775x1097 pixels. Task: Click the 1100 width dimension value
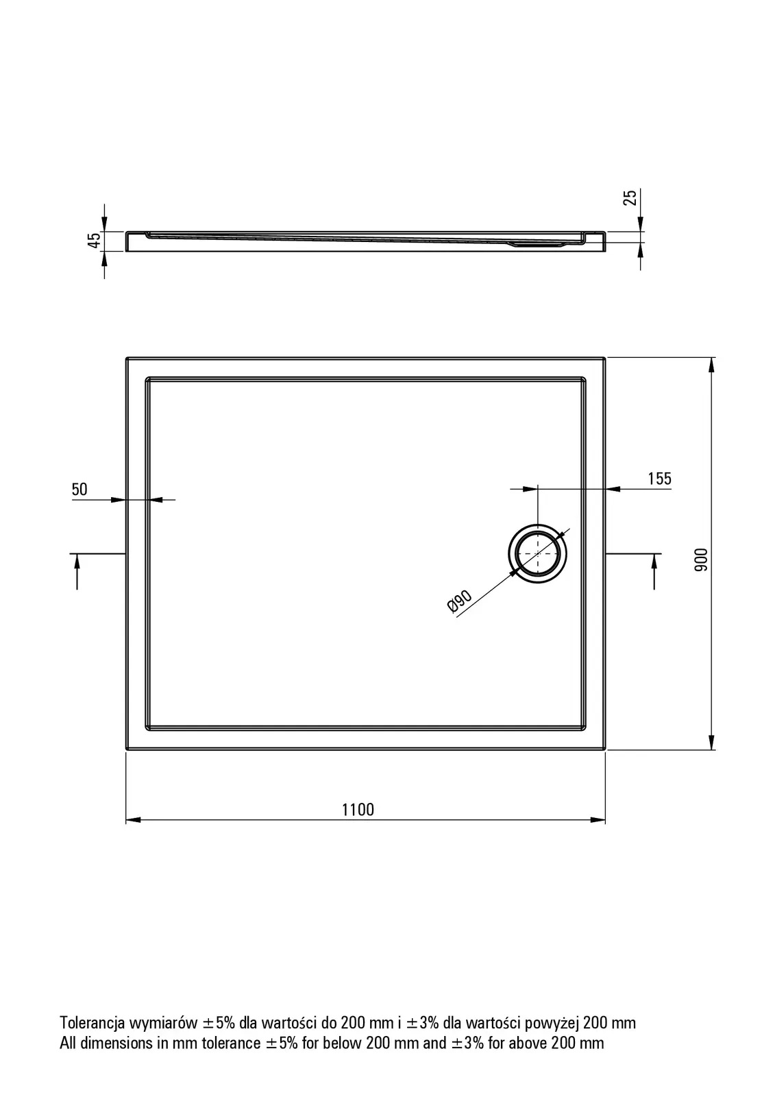point(358,810)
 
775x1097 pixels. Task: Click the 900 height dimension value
point(701,559)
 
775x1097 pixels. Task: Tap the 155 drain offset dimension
point(659,479)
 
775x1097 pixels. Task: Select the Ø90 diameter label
point(460,601)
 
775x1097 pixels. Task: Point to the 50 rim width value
point(79,490)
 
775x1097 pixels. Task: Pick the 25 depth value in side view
point(630,197)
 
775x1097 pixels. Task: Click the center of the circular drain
point(537,553)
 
